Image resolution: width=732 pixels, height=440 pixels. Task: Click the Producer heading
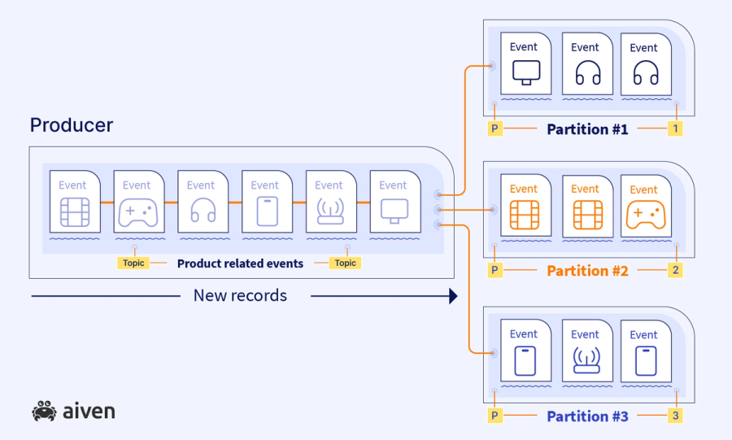(x=71, y=125)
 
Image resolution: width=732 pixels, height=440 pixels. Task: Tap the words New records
(x=240, y=296)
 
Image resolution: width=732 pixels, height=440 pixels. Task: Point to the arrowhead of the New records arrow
(x=453, y=297)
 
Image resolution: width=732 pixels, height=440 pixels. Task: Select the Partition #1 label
(x=587, y=129)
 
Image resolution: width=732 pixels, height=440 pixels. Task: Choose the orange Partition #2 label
(x=587, y=271)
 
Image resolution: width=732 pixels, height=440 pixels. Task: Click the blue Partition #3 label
(x=587, y=416)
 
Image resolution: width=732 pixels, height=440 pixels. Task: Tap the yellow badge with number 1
(x=674, y=129)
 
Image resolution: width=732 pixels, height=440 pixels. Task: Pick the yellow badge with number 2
(x=674, y=271)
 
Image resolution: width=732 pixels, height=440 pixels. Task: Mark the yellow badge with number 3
(x=674, y=416)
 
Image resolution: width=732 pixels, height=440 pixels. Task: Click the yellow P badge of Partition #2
(x=494, y=271)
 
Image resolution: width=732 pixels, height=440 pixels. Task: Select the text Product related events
(x=240, y=264)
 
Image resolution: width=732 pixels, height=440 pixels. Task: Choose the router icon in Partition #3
(x=585, y=360)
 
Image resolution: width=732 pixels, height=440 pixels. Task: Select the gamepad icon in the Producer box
(x=137, y=212)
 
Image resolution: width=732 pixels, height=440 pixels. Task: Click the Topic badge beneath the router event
(x=346, y=264)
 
